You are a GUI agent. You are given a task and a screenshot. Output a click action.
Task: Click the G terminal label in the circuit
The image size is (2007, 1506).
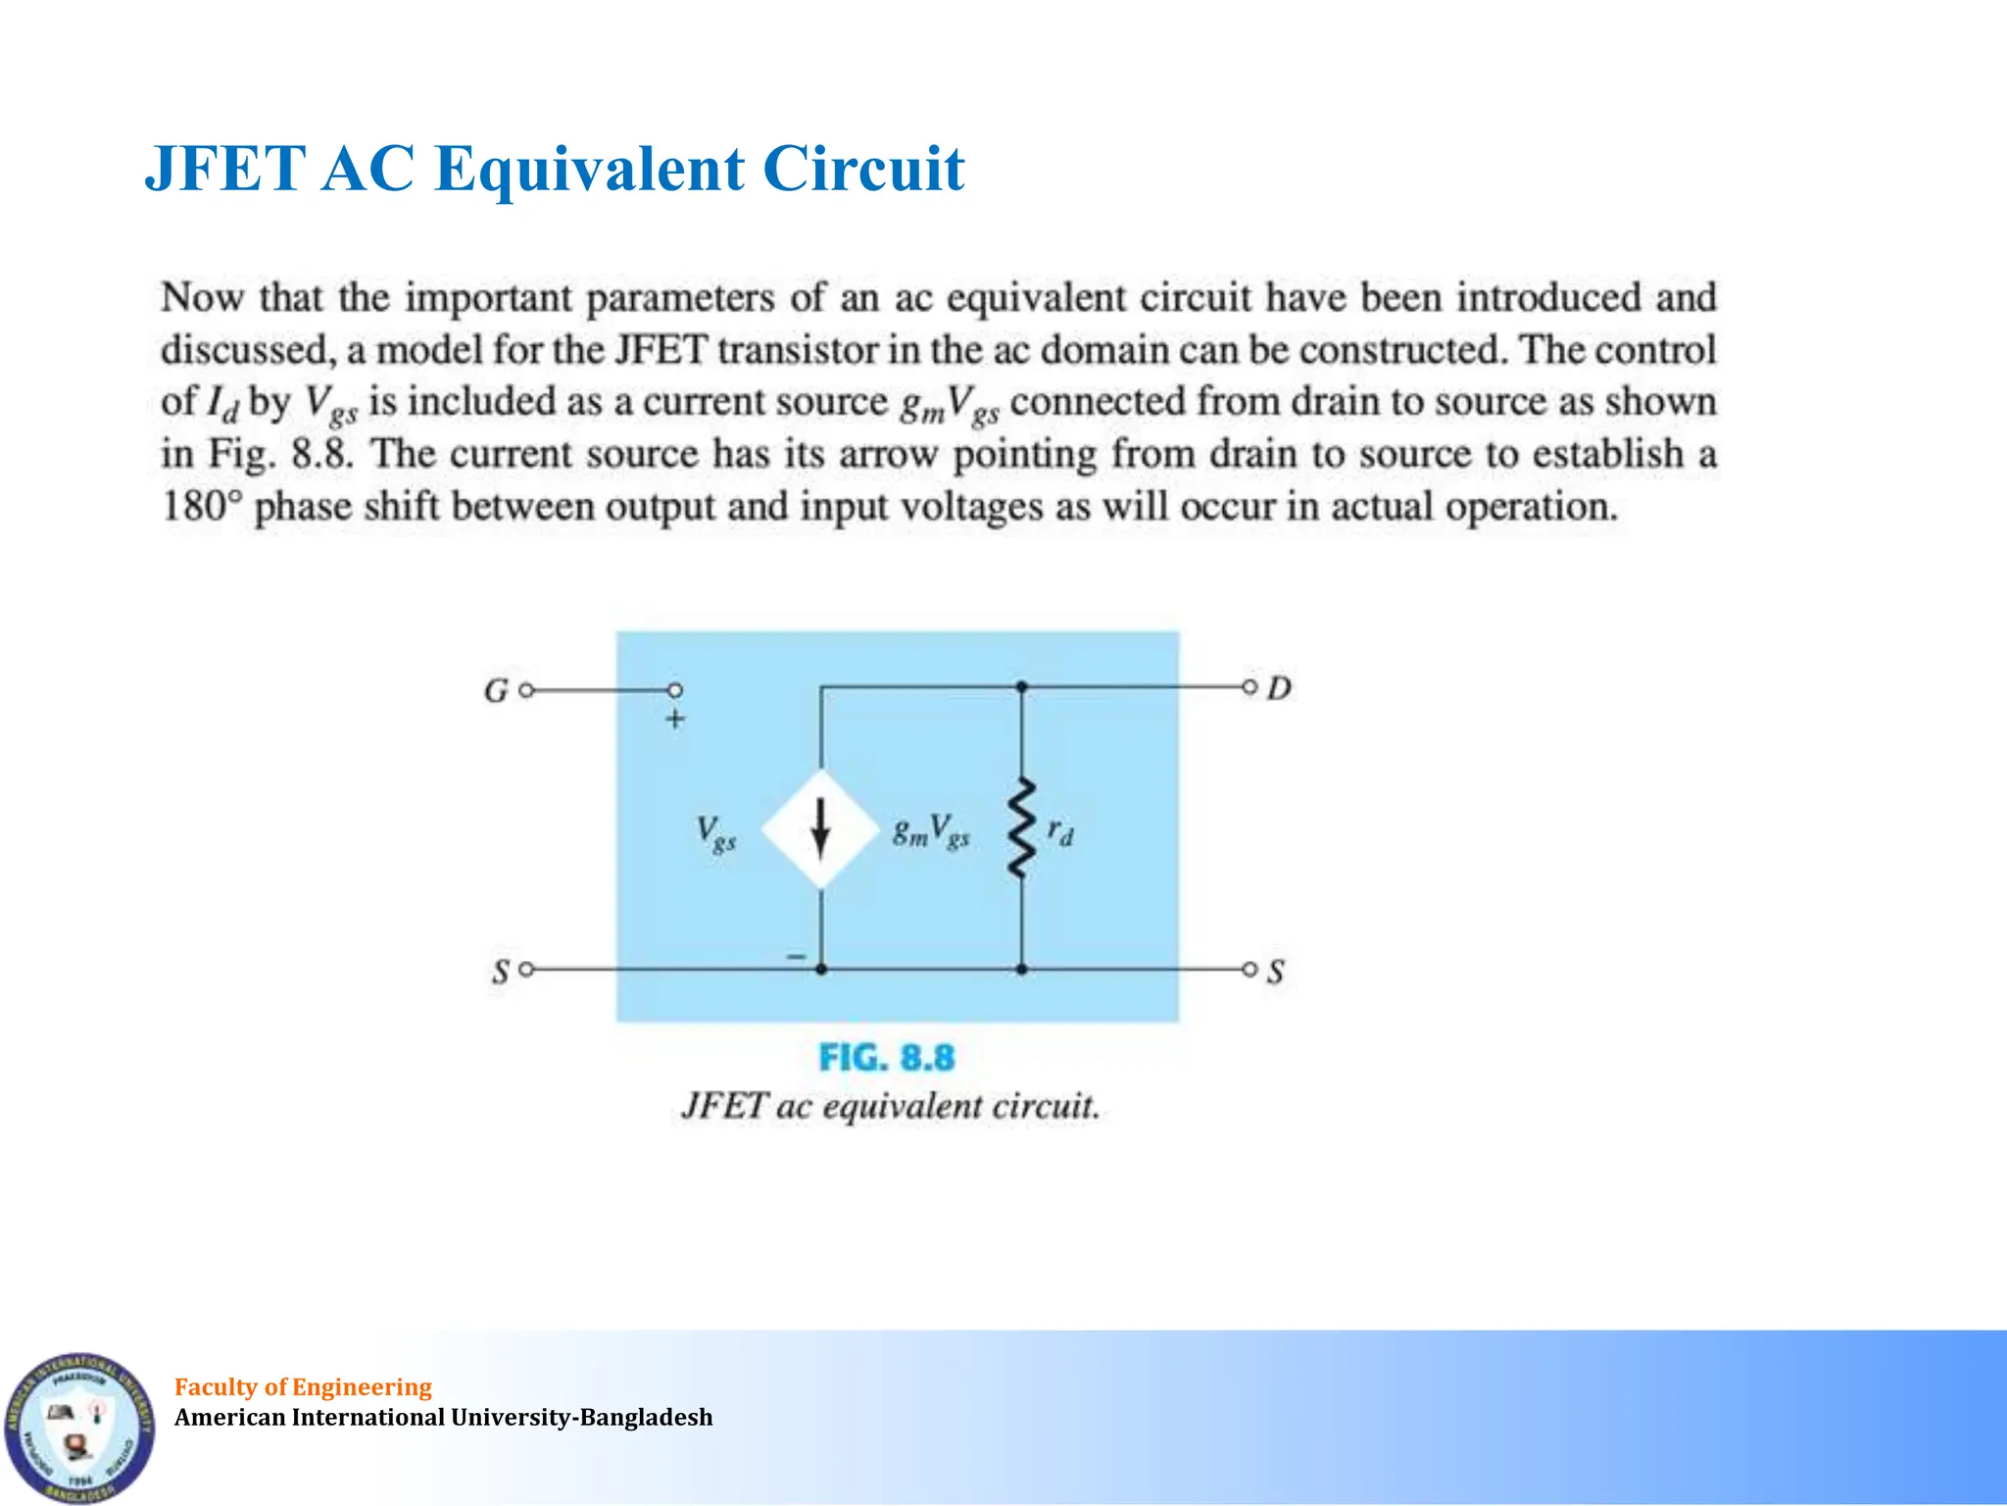[496, 691]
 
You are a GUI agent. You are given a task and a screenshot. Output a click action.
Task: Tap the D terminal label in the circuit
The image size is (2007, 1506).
[1279, 688]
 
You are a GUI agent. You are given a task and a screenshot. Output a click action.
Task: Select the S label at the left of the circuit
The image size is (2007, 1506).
[501, 973]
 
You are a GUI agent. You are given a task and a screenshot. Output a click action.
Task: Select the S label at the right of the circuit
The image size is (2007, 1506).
[1275, 973]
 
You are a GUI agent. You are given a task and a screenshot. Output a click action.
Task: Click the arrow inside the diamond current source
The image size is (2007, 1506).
[820, 830]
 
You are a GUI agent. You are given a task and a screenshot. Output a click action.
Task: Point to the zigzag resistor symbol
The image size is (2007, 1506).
[1021, 828]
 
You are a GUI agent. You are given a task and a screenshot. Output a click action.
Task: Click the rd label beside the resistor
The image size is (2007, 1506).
[1060, 832]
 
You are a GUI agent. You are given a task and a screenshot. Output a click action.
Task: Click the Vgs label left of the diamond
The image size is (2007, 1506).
[715, 833]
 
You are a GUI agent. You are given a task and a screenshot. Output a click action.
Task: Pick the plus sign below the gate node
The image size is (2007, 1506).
[675, 720]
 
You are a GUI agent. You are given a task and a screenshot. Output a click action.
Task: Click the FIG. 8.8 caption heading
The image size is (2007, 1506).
[886, 1058]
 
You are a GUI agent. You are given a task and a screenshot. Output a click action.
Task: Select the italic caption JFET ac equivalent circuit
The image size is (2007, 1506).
[890, 1107]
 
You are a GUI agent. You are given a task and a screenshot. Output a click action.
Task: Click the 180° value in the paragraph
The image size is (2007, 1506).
[201, 507]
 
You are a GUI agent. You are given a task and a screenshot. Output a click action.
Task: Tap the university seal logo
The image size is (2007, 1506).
[78, 1427]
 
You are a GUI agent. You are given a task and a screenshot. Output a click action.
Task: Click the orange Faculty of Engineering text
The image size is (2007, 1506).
[303, 1386]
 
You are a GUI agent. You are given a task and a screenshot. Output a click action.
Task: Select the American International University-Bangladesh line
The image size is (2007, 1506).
[443, 1418]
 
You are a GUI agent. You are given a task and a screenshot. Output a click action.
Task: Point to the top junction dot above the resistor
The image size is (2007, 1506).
[1021, 687]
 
